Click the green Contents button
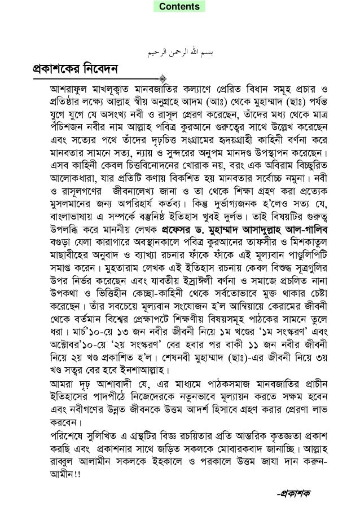179,7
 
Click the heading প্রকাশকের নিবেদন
66,72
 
